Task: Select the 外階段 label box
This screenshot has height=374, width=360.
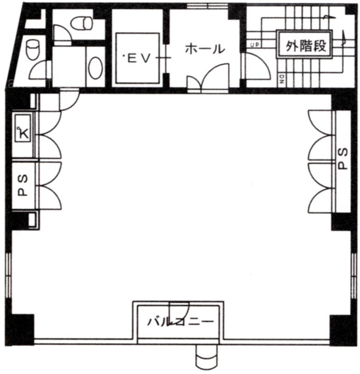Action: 304,44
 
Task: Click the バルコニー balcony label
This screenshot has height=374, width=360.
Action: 180,321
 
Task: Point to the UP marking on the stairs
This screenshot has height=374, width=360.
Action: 255,45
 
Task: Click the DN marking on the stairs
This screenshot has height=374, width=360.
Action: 282,79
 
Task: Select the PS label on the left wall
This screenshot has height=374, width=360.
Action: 23,185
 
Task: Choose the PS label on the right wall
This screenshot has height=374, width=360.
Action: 343,159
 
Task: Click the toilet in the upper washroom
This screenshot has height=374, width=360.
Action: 81,22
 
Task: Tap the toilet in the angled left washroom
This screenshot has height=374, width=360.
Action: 33,49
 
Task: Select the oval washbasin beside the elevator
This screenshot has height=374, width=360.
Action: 96,68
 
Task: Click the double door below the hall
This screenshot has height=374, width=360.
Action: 208,78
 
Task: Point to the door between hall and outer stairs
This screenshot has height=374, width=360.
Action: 256,66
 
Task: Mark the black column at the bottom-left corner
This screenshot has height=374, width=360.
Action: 20,329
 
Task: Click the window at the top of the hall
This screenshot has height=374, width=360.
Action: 208,6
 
